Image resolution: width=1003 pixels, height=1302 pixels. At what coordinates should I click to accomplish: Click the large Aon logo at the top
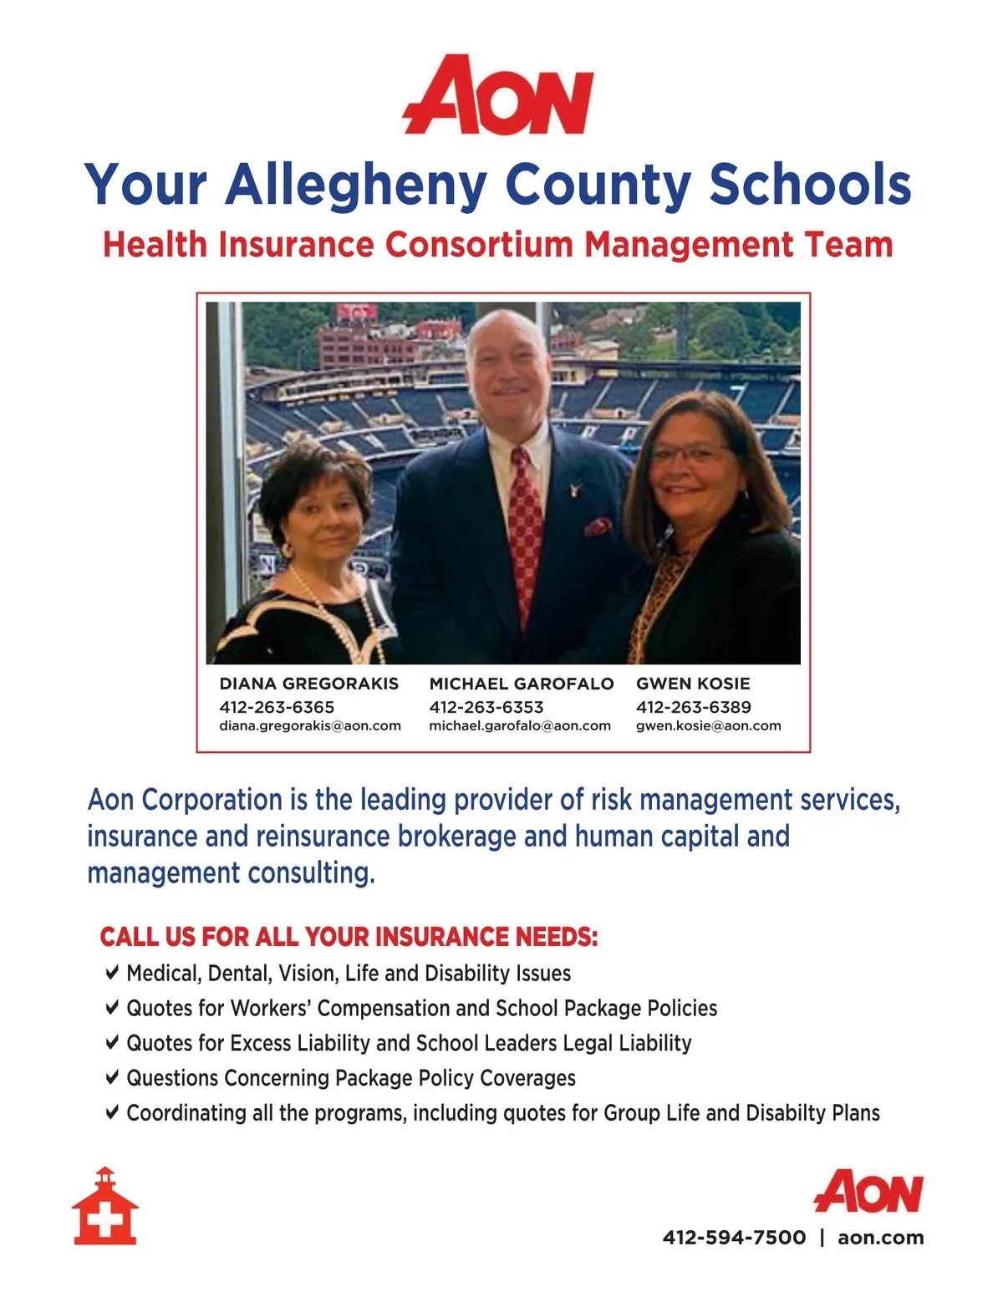(x=498, y=96)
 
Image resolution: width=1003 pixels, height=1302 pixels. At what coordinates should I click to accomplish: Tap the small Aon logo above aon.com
(x=869, y=1191)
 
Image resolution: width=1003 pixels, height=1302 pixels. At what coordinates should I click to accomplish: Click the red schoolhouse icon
(x=104, y=1207)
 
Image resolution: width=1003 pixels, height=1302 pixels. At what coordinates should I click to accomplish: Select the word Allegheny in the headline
(x=356, y=186)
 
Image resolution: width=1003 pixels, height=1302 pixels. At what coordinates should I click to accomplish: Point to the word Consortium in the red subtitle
(x=479, y=245)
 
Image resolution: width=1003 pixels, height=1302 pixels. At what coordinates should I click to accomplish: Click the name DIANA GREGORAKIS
(x=308, y=684)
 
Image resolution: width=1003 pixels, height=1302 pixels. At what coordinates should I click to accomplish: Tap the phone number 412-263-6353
(x=486, y=707)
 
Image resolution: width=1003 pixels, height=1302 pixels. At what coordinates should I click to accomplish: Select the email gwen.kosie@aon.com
(x=708, y=725)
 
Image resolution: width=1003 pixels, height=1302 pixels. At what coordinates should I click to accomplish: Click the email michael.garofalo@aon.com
(x=519, y=725)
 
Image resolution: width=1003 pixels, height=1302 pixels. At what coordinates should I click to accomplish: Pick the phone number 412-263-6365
(x=277, y=707)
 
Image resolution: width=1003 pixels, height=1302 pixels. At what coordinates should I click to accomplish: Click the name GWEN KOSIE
(x=693, y=684)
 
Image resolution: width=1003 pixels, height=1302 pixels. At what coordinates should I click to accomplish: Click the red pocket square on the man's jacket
(x=598, y=526)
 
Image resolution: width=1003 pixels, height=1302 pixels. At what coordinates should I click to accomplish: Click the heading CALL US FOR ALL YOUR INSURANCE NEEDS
(x=349, y=937)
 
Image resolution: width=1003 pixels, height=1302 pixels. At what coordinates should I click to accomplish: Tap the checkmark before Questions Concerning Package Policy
(x=112, y=1077)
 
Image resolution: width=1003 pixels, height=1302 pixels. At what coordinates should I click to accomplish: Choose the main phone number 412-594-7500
(x=734, y=1238)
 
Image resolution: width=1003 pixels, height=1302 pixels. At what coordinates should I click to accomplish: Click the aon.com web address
(x=880, y=1238)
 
